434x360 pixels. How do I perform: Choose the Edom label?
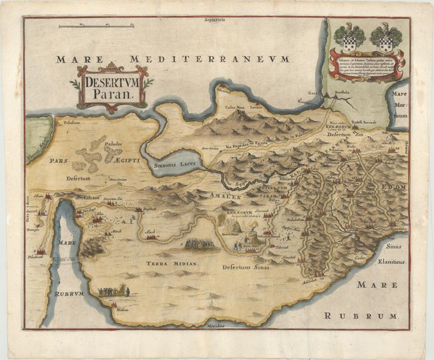click(394, 188)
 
